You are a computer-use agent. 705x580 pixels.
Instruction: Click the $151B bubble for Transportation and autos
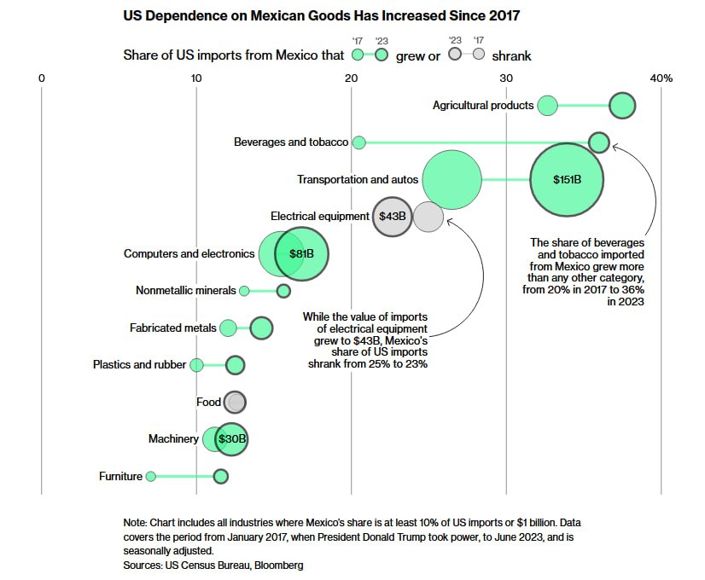[567, 180]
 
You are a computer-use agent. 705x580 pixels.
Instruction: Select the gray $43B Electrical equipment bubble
[393, 217]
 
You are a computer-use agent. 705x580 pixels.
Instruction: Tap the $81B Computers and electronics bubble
[301, 254]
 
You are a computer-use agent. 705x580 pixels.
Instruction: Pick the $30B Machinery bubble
[231, 439]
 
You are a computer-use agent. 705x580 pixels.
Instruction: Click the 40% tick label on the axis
[661, 78]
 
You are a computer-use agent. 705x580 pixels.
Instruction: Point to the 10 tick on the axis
[196, 78]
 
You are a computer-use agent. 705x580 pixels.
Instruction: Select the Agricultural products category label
[482, 106]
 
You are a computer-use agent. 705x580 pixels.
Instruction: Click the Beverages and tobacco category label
[291, 142]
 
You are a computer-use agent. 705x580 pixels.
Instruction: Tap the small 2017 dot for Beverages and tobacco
[359, 142]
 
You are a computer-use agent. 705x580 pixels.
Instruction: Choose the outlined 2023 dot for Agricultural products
[622, 106]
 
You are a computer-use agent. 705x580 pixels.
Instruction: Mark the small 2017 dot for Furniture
[151, 477]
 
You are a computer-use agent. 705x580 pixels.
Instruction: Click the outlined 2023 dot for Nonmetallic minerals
[283, 291]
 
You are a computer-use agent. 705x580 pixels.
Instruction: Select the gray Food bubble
[235, 402]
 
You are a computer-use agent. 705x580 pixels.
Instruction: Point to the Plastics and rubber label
[139, 365]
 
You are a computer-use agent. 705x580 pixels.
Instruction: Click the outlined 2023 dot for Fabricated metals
[261, 328]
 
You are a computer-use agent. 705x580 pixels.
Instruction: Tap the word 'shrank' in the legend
[511, 55]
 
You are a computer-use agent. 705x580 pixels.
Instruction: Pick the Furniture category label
[120, 477]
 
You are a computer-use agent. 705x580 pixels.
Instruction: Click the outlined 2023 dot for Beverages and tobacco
[599, 142]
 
